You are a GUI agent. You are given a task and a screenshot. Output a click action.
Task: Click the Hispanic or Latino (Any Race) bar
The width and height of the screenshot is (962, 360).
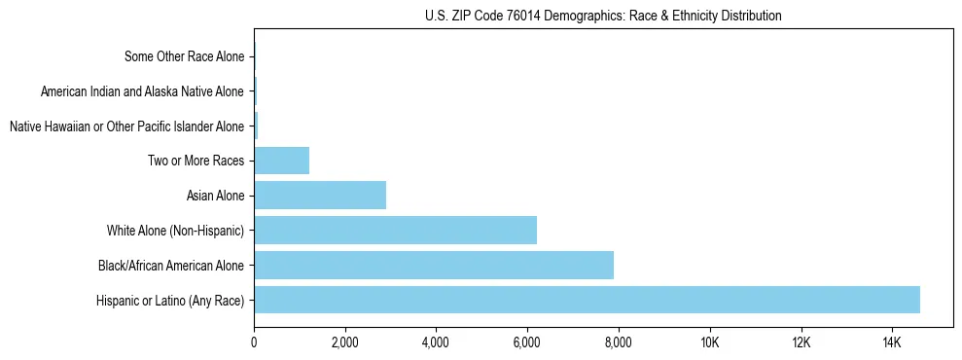point(587,300)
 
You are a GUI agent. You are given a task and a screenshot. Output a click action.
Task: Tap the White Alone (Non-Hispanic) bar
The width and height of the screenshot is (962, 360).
point(395,230)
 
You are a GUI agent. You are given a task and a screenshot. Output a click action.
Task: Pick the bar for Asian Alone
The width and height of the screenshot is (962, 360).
point(320,195)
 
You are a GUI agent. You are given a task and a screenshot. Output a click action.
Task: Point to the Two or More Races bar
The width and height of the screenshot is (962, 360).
point(282,161)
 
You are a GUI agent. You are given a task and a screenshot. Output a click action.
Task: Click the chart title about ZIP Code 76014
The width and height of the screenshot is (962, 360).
point(603,16)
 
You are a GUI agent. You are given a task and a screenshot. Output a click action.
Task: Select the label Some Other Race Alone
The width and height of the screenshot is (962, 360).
point(185,56)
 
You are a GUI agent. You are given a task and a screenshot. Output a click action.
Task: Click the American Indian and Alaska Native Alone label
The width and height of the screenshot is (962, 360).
point(143,91)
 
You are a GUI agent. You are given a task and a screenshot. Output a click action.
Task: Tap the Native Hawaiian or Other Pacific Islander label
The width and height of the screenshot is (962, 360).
point(126,126)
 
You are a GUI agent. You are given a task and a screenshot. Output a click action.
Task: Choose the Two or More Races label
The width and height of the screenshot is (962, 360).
point(196,161)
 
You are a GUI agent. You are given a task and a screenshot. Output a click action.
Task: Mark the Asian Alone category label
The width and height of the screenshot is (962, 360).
point(215,196)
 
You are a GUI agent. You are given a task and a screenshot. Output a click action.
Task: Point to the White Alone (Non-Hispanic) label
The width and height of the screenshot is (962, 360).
point(176,231)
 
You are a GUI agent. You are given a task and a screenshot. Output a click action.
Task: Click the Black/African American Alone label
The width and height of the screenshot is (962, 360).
point(171,265)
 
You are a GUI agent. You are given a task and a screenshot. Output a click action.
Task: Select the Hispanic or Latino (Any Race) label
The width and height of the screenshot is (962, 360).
point(170,300)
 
